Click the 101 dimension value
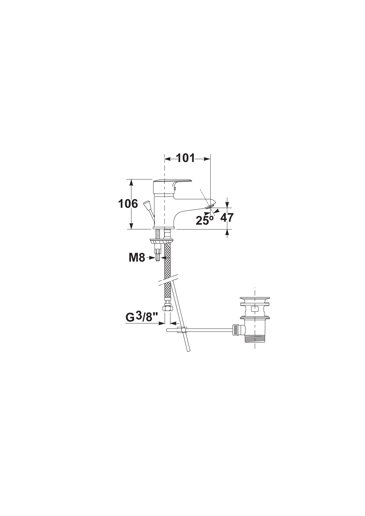tap(186, 158)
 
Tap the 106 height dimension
tap(128, 204)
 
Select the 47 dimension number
tap(227, 218)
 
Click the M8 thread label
tap(137, 258)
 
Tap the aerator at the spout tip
tap(210, 206)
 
